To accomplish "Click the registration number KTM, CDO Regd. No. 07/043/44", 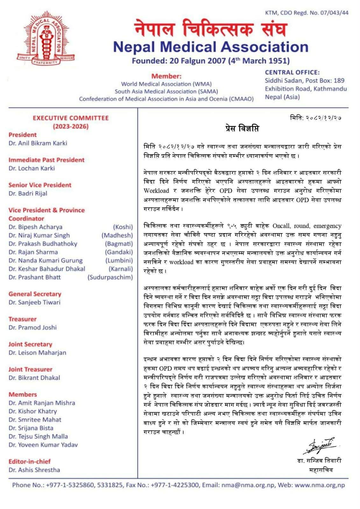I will coord(307,13).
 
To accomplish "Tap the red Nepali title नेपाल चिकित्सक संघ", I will coord(210,29).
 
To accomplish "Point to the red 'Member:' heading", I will coord(166,76).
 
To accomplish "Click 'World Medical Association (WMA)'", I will coord(166,84).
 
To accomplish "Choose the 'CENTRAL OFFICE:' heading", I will coord(292,73).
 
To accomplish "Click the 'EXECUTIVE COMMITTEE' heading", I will coord(71,118).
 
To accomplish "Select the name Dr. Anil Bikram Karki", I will coord(38,143).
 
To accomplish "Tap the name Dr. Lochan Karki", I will coord(32,168).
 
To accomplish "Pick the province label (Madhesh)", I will coord(117,235).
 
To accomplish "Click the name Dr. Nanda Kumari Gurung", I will coord(46,261).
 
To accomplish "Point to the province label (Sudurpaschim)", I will coord(110,277).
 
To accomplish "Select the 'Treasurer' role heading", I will coord(22,319).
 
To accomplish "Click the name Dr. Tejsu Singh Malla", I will coord(38,436).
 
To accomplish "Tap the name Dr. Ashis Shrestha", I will coord(34,470).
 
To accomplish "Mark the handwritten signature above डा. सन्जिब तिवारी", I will coord(320,446).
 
